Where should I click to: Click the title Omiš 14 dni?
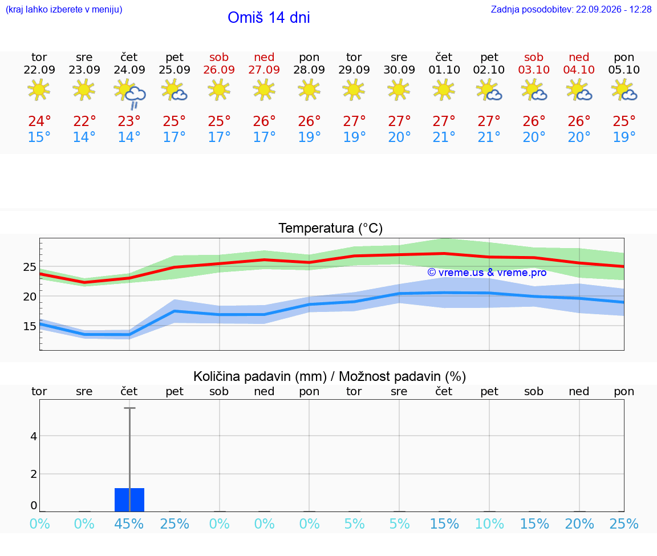[x=269, y=18]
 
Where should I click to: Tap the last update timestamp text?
[x=571, y=9]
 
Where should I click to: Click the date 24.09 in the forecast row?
[x=129, y=70]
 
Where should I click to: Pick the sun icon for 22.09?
[x=39, y=90]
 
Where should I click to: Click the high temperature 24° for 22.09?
[x=39, y=121]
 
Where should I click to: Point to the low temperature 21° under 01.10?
[x=444, y=137]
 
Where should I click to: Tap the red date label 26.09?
[x=219, y=70]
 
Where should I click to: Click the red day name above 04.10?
[x=579, y=57]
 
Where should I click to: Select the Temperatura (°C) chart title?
[x=331, y=228]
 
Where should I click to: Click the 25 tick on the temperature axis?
[x=30, y=267]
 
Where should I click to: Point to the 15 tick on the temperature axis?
[x=30, y=326]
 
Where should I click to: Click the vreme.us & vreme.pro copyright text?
[x=487, y=273]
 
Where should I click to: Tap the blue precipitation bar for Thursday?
[x=129, y=500]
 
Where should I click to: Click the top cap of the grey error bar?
[x=129, y=408]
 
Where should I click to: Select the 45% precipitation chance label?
[x=129, y=523]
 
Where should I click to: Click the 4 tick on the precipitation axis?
[x=34, y=436]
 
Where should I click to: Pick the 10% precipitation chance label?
[x=489, y=523]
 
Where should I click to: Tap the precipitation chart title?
[x=330, y=376]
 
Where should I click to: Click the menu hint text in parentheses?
[x=64, y=9]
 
